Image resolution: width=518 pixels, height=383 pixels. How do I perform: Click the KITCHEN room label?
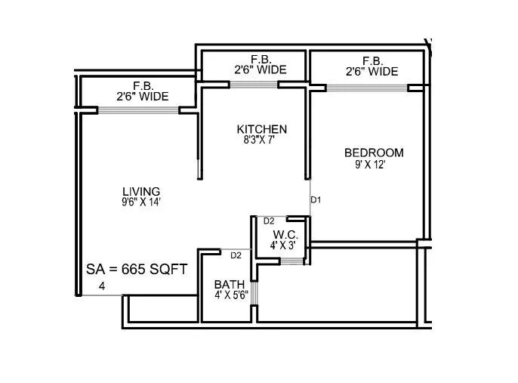[x=261, y=129]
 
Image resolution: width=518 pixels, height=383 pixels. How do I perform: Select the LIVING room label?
[x=141, y=190]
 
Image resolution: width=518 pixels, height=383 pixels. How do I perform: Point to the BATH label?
[x=229, y=284]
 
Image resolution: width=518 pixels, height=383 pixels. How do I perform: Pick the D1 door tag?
[x=316, y=200]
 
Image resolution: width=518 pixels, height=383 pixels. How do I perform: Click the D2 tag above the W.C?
[x=269, y=221]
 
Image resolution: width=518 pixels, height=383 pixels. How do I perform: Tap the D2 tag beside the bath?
[x=236, y=255]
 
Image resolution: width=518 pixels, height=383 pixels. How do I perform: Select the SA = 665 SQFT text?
[x=137, y=269]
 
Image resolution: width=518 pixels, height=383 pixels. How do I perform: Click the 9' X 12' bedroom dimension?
[x=370, y=164]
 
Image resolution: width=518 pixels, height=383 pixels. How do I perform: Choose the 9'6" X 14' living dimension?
[x=142, y=202]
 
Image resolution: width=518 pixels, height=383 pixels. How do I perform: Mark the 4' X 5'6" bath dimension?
[x=231, y=295]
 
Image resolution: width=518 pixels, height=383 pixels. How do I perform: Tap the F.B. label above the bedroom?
[x=371, y=60]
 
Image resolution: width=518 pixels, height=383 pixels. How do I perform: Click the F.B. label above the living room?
[x=142, y=86]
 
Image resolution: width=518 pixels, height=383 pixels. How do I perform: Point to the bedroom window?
[x=367, y=88]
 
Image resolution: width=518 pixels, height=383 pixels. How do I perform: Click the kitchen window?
[x=254, y=84]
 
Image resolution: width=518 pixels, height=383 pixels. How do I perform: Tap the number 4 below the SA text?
[x=101, y=286]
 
